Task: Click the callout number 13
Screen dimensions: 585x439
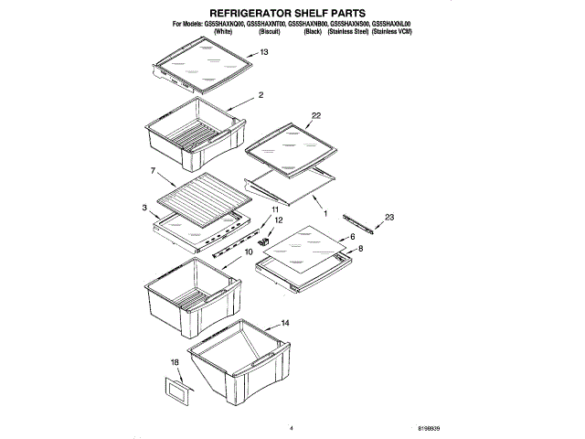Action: click(x=264, y=53)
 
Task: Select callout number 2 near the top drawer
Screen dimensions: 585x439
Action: click(x=261, y=95)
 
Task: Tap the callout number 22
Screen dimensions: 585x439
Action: click(x=316, y=115)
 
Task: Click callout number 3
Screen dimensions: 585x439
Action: click(x=144, y=209)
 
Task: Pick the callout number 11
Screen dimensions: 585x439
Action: click(x=274, y=209)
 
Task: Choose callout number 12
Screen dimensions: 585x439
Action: click(x=280, y=220)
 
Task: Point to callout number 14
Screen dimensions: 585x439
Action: click(x=285, y=323)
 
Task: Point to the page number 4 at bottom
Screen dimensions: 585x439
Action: click(x=291, y=427)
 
